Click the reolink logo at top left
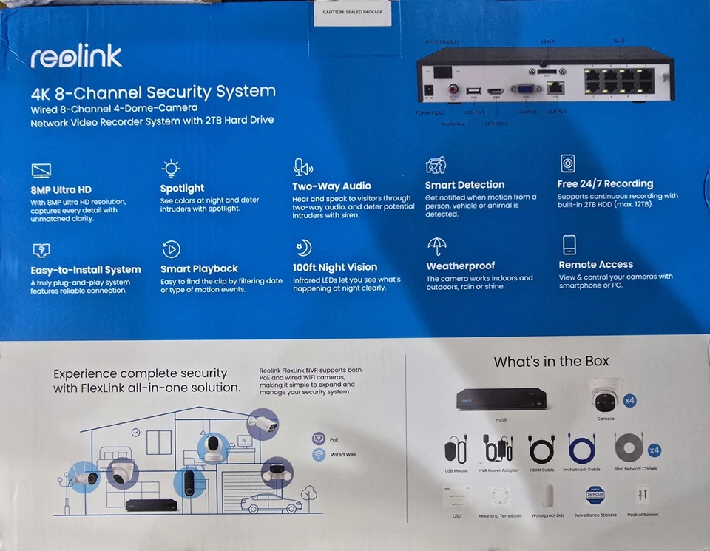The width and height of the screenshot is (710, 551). (x=76, y=57)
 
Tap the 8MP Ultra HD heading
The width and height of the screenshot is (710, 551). (x=61, y=190)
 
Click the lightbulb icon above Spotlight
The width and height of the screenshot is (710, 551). (x=171, y=168)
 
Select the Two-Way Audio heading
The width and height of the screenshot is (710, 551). (x=331, y=186)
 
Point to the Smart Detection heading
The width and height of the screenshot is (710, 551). (x=464, y=185)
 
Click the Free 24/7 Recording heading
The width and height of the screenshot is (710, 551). (x=605, y=183)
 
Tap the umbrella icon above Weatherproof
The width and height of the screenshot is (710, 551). (x=437, y=245)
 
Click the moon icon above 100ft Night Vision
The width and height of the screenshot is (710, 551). (x=302, y=248)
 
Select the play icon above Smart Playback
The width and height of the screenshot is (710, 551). (x=171, y=249)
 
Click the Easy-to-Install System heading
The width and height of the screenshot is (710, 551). (x=86, y=270)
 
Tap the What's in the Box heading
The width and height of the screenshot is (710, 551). (x=551, y=362)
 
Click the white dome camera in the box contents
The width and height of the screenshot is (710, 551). (x=605, y=397)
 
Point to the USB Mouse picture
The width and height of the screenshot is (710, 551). (x=456, y=449)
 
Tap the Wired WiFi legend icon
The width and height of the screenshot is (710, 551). (x=319, y=455)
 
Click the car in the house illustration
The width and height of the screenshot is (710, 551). (x=266, y=503)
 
